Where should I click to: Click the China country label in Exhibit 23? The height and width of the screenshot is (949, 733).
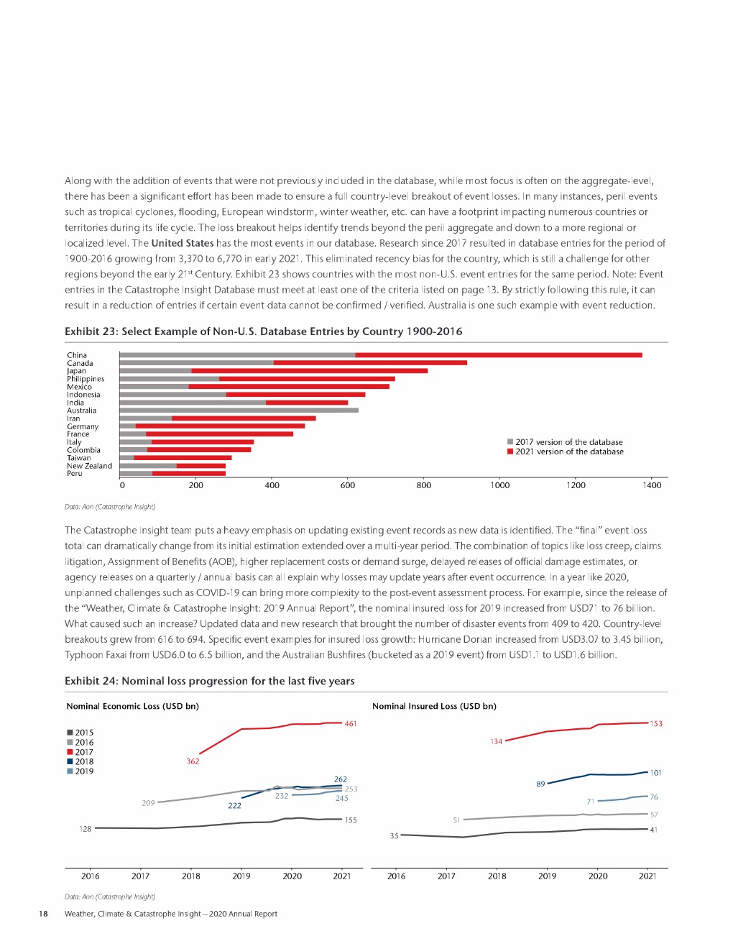(x=77, y=355)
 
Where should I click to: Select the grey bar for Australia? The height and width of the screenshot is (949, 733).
(x=239, y=411)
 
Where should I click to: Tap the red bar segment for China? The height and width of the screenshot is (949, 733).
(x=498, y=355)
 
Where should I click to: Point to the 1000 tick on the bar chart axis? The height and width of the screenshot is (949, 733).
(x=500, y=485)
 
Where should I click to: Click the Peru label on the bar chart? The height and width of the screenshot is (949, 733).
(x=75, y=474)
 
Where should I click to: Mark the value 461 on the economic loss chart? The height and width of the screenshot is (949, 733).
(x=351, y=724)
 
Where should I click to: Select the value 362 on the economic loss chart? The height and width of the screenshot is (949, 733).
(x=193, y=761)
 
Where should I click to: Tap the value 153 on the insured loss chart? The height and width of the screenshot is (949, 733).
(x=656, y=724)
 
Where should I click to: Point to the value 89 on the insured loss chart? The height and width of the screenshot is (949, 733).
(x=540, y=784)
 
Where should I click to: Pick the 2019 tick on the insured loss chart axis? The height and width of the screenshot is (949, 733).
(x=547, y=876)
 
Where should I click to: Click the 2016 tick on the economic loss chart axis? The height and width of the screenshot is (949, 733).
(x=91, y=876)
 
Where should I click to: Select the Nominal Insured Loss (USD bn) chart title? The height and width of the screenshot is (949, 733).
(x=434, y=706)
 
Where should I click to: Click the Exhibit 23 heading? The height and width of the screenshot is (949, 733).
(x=263, y=331)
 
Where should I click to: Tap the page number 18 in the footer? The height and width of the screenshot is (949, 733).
(x=43, y=914)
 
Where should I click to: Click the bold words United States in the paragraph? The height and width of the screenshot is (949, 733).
(x=183, y=243)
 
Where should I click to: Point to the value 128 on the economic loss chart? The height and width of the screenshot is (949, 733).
(x=86, y=829)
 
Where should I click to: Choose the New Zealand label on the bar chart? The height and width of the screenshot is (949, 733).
(x=89, y=466)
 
